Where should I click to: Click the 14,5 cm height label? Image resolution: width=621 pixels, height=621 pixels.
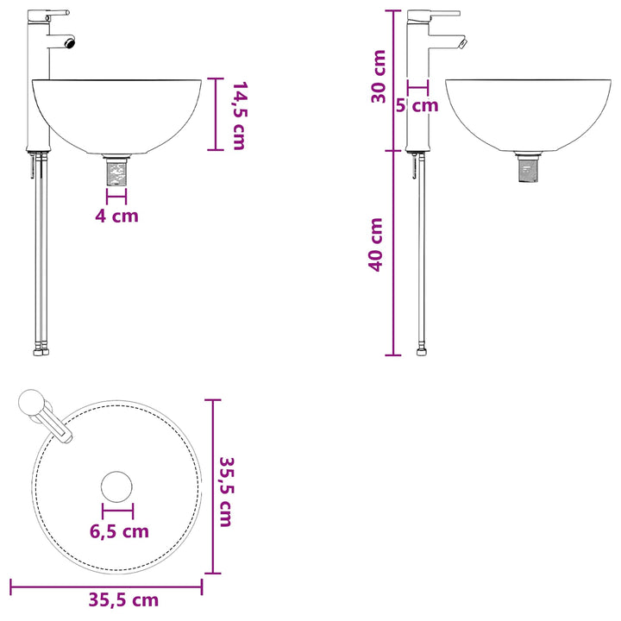239,116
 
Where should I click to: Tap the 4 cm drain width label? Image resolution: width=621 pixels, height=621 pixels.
116,216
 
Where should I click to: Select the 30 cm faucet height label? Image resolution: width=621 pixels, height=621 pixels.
379,77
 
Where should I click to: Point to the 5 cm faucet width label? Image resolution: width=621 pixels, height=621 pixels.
417,105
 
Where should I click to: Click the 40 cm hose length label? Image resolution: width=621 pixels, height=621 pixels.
376,245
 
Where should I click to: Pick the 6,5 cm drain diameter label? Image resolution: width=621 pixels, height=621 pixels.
119,531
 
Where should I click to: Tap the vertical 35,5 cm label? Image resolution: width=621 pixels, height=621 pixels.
227,492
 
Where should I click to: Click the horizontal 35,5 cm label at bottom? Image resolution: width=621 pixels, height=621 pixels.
123,600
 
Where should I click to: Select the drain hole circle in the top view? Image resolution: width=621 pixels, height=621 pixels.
116,486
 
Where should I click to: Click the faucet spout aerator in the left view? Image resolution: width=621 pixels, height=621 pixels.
71,42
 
